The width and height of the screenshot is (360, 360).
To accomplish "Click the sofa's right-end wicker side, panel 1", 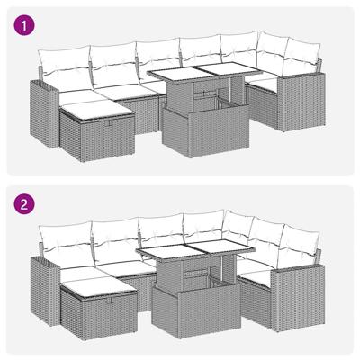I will [x=297, y=108].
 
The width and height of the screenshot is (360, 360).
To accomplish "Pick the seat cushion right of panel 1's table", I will [x=263, y=82].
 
